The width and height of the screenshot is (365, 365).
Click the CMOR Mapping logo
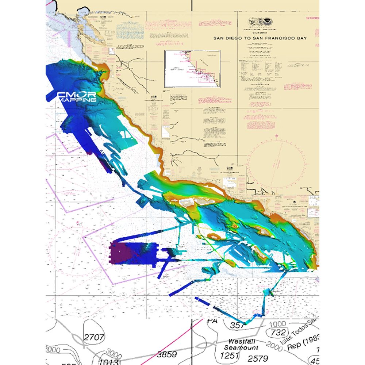[x=77, y=97]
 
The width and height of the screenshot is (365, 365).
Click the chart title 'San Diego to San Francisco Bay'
[x=260, y=38]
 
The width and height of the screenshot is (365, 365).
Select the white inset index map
[x=192, y=69]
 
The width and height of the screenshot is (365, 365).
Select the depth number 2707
[x=94, y=337]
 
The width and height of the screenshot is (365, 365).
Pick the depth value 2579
[x=258, y=358]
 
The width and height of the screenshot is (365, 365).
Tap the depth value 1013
[x=108, y=362]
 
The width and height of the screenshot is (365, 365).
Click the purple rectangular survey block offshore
[x=132, y=253]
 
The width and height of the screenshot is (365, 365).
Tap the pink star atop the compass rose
[x=276, y=136]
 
